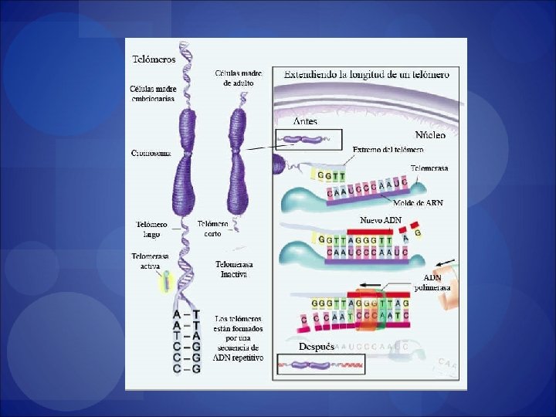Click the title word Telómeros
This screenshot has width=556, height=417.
[x=154, y=59]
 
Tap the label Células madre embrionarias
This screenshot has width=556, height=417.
[x=152, y=93]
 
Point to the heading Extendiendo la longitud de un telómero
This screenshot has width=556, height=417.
[x=366, y=74]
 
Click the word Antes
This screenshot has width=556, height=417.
[x=305, y=121]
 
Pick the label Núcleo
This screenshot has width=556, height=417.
[x=430, y=134]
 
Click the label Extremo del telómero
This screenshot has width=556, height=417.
[x=388, y=149]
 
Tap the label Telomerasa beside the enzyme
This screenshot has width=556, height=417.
[x=429, y=168]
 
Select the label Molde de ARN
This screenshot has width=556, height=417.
[x=418, y=203]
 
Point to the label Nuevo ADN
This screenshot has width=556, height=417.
[x=381, y=220]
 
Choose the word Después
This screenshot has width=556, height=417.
[x=317, y=347]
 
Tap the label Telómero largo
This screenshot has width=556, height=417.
[x=151, y=229]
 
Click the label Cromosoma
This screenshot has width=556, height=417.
[x=151, y=152]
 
